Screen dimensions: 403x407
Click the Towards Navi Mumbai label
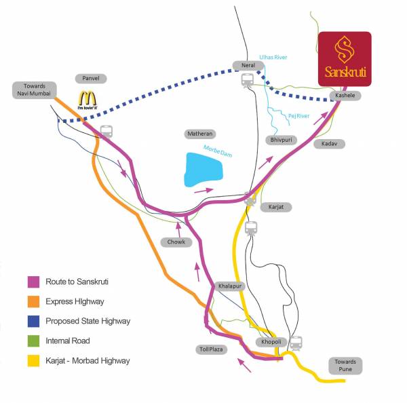[34, 90]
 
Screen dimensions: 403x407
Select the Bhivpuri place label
[279, 140]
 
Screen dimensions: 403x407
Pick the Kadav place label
[330, 144]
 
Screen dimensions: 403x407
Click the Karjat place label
[276, 206]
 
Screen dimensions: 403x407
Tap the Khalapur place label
[227, 287]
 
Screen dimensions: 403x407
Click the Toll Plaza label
[215, 349]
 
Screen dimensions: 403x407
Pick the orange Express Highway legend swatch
[33, 301]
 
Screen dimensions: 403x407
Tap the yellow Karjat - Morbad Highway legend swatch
[33, 361]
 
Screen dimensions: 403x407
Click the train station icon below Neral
[248, 81]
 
